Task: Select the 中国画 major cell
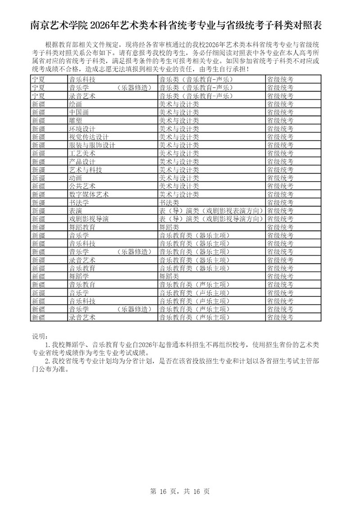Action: coord(79,112)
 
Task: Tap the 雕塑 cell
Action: coord(75,121)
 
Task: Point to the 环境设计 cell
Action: coord(82,129)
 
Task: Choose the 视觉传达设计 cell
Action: coord(89,137)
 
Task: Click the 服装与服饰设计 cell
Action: coord(92,145)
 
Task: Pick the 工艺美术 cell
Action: coord(82,153)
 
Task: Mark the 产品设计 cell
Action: coord(82,161)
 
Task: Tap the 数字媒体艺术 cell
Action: coord(89,194)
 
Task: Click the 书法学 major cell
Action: coord(79,203)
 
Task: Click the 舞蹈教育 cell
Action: coord(82,227)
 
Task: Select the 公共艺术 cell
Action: coord(82,186)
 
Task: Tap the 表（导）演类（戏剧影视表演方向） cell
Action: coord(211,211)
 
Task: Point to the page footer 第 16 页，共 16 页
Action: coord(180,489)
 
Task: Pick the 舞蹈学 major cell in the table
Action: coord(79,276)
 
